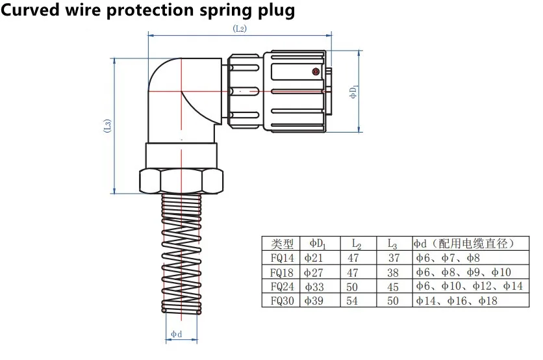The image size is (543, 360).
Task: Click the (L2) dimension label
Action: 240,29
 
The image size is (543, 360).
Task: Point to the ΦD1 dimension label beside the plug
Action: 353,91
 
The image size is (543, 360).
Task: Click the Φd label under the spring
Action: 177,334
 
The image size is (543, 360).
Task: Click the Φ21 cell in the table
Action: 314,258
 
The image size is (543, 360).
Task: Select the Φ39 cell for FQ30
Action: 314,301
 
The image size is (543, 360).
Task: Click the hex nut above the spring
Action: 181,179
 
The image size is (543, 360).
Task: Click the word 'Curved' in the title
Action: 31,11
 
